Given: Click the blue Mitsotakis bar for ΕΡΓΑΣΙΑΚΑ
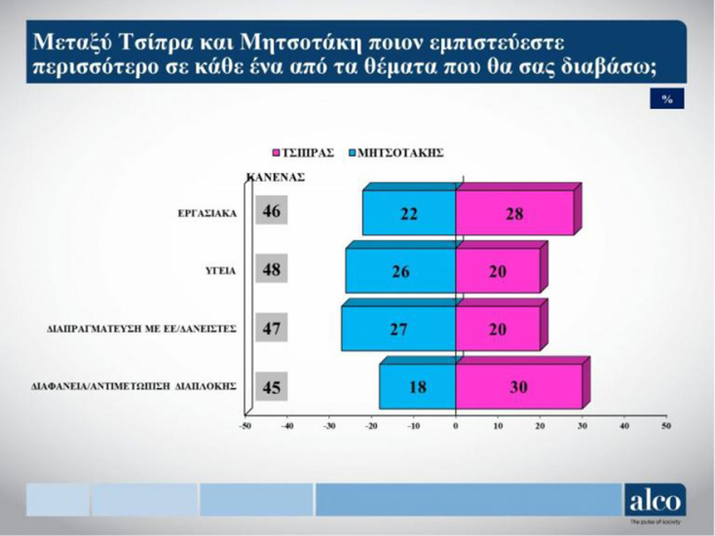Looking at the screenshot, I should coord(409,214).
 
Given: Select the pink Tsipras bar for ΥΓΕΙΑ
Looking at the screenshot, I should coord(497,271).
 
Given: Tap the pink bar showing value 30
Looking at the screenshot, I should coord(518,386).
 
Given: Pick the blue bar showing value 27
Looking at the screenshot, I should coord(398,329).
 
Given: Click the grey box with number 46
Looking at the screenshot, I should coord(272,212).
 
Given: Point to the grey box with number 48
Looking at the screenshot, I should coord(272,269).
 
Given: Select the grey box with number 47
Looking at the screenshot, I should coord(272,328).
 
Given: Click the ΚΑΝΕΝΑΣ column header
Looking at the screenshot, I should coord(277,178).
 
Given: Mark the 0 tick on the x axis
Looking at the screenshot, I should coord(456,425).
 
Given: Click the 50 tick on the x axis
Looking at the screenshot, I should coord(666,425).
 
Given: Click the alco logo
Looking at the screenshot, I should coord(655,499).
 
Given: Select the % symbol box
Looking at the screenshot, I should coord(666,99).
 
